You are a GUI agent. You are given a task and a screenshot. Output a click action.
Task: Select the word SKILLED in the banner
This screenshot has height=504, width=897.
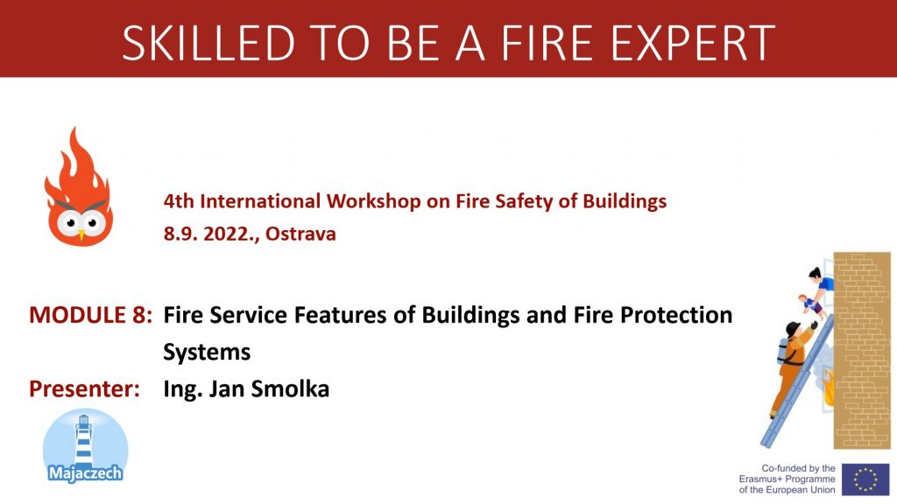[x=208, y=43]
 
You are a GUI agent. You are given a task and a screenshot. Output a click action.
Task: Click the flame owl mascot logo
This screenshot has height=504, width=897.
[x=79, y=187]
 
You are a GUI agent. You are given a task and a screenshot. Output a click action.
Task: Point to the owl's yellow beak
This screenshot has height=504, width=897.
[x=81, y=234]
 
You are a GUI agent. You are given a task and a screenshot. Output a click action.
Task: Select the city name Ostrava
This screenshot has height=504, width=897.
[x=301, y=234]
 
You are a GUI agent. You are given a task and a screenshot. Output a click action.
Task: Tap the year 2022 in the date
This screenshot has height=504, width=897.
[x=224, y=234]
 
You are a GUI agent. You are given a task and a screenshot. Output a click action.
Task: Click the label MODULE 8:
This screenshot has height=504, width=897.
[x=91, y=315]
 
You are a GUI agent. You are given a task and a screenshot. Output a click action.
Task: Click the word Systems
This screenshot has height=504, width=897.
[x=207, y=352]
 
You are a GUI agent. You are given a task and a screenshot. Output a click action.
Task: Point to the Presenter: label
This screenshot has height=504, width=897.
[x=85, y=389]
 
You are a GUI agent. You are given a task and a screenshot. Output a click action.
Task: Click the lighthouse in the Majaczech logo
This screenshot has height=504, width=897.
[x=84, y=439]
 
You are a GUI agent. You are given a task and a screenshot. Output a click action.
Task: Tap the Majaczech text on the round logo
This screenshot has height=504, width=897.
[x=86, y=473]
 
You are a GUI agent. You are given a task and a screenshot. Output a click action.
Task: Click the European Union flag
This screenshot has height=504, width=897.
[x=865, y=479]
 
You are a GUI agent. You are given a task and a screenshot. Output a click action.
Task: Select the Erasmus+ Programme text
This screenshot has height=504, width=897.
[x=788, y=479]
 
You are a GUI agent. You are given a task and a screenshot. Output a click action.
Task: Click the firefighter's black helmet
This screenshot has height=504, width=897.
[x=792, y=329]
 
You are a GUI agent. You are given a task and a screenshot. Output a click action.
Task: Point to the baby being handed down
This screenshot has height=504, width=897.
[x=811, y=304]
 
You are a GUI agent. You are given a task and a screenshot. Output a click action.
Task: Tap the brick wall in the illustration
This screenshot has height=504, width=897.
[x=862, y=350]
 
